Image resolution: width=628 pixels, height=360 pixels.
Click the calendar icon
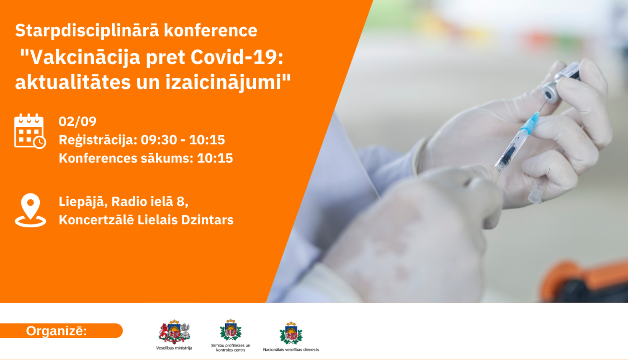click(30, 131)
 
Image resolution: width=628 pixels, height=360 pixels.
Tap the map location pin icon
click(31, 210)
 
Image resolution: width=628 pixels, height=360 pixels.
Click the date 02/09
click(77, 121)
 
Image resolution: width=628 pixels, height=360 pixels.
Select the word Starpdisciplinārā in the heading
click(87, 31)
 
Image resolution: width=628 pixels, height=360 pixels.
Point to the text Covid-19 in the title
click(237, 57)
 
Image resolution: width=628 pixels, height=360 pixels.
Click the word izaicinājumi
click(228, 82)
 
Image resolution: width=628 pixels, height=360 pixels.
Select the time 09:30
click(159, 140)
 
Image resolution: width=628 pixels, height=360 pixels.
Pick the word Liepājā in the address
click(81, 202)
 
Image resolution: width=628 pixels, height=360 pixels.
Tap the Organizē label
click(57, 331)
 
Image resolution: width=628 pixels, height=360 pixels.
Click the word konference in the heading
click(211, 31)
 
